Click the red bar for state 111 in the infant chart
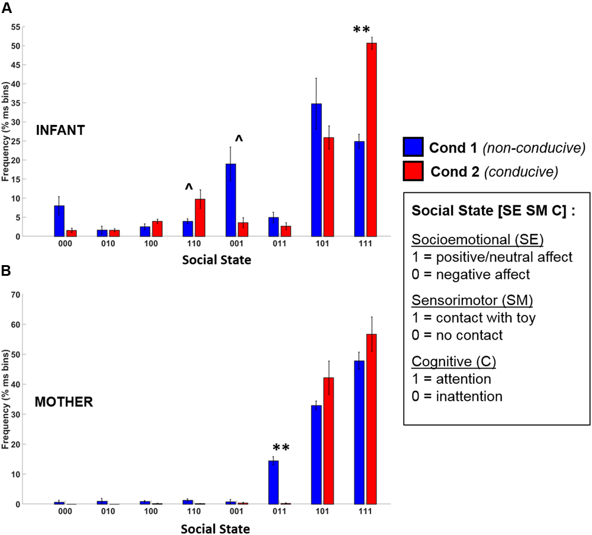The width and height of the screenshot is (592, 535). pos(371,139)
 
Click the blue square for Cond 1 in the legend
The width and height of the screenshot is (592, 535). pos(413,147)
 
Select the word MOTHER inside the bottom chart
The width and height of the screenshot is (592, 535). pos(63,402)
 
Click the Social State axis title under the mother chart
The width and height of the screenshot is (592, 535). pos(215,528)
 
